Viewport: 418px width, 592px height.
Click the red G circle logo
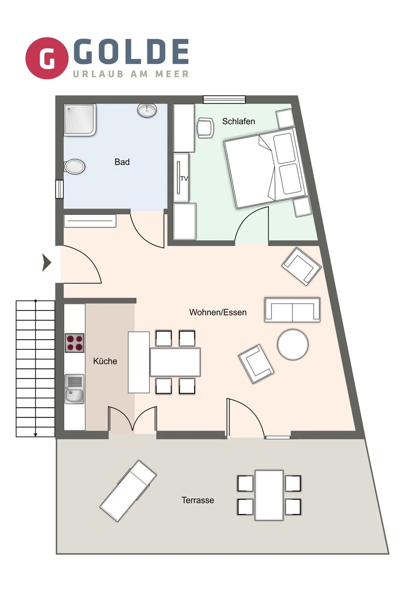coord(47,58)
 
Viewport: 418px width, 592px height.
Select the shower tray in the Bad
coord(80,120)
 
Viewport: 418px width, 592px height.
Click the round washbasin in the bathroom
coord(147,110)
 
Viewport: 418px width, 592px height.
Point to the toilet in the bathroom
coord(74,166)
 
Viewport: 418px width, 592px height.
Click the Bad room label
coord(122,162)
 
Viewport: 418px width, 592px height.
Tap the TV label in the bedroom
coord(184,178)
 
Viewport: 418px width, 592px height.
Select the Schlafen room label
coord(238,121)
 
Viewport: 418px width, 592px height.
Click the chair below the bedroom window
coord(205,127)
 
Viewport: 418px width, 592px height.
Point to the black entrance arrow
coord(47,262)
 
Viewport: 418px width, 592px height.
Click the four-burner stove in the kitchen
coord(74,343)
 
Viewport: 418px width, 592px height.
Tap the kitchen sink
coord(74,389)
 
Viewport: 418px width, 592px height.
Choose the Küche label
coord(105,361)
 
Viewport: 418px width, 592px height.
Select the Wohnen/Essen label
coord(218,312)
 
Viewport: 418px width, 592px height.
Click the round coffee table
coord(293,345)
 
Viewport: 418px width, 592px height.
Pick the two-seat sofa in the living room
coord(292,310)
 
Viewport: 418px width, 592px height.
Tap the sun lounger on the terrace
coord(128,490)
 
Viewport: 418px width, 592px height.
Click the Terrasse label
coord(198,500)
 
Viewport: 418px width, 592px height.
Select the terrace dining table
coord(269,495)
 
